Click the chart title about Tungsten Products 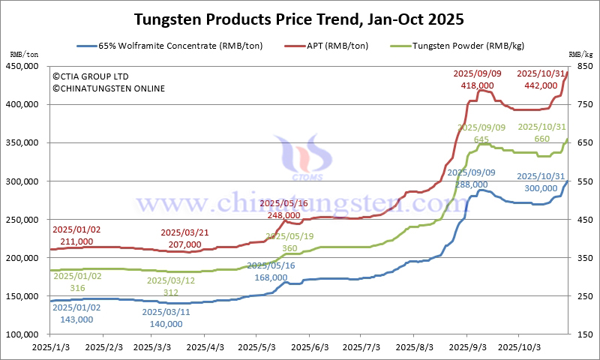pos(299,18)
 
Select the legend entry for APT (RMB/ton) pos(337,46)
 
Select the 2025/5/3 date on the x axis pos(258,348)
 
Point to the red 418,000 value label pos(477,85)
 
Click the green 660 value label pos(541,139)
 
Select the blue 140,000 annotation pos(166,323)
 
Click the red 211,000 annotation pos(72,241)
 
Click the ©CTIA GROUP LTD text pos(90,76)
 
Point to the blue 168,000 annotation pos(270,277)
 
